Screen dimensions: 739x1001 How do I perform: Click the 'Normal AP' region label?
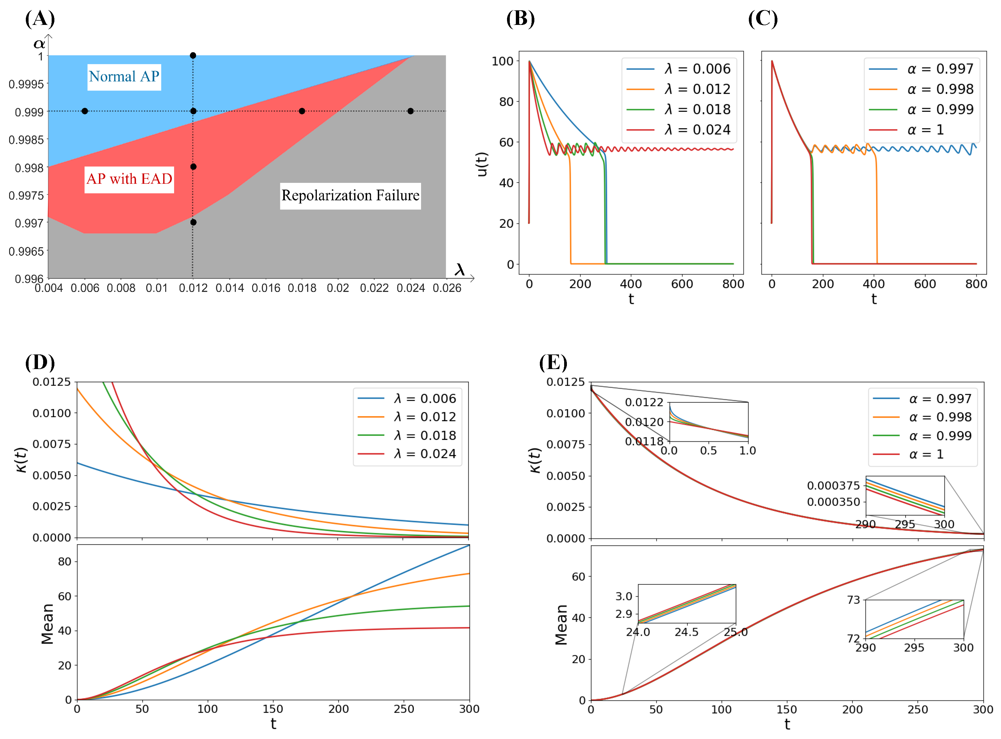click(124, 77)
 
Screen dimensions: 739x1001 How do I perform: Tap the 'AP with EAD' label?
click(129, 179)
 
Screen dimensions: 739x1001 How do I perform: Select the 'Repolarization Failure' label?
click(350, 196)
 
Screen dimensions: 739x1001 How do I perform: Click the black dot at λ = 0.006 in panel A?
click(84, 111)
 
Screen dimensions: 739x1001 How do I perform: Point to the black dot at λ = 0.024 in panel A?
click(411, 111)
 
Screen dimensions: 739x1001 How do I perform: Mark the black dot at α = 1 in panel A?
click(193, 56)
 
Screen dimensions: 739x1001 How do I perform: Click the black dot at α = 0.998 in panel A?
click(193, 167)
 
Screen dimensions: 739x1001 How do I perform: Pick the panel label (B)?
click(520, 19)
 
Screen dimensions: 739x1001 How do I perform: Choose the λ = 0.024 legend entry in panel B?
click(678, 130)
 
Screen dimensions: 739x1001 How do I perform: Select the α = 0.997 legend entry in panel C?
click(921, 69)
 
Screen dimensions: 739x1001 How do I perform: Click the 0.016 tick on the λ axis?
click(266, 288)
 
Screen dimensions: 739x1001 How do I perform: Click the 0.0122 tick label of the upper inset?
click(644, 402)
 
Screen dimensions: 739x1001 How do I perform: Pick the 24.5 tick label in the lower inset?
click(687, 632)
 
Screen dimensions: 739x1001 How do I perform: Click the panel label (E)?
click(553, 362)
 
